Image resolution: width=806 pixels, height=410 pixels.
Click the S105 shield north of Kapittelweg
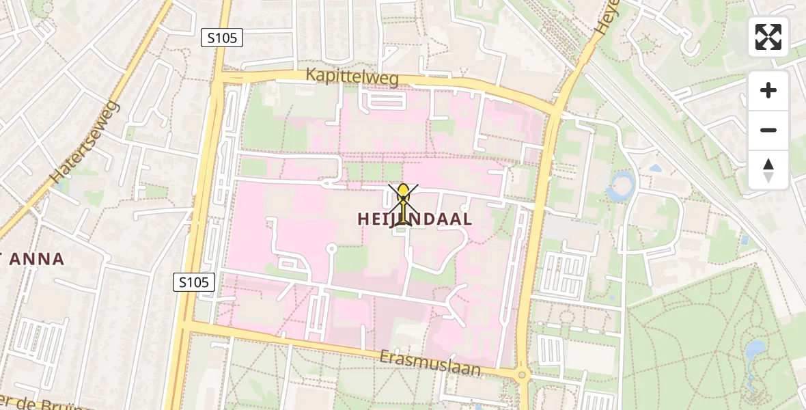[222, 38]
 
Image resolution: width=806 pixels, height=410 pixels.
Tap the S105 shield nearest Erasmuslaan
[194, 282]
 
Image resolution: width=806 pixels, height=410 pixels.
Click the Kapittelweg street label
[352, 77]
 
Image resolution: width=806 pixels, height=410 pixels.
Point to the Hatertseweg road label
[85, 143]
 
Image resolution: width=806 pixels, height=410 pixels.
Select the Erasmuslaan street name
[431, 364]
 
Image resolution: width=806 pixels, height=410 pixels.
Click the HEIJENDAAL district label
[415, 219]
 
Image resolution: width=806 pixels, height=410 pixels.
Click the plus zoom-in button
[768, 90]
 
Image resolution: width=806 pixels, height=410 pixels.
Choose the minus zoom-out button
[768, 130]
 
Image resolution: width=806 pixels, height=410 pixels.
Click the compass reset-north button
[768, 169]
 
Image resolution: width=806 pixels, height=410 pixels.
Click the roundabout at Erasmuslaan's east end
[523, 374]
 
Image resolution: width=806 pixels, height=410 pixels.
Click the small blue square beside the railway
[744, 241]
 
